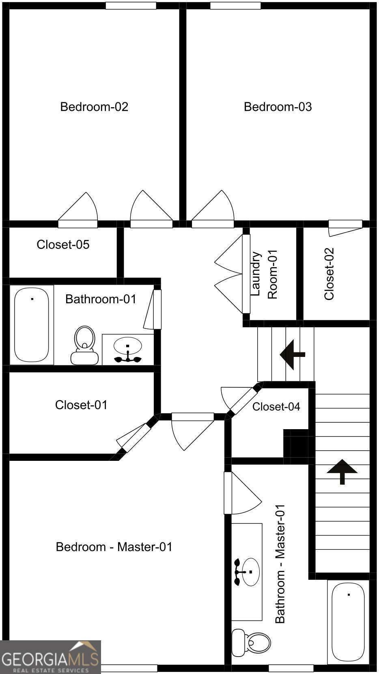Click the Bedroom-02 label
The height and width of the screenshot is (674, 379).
point(94,107)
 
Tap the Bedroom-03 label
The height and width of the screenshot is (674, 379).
point(278,107)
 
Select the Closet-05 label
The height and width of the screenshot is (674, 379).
point(63,244)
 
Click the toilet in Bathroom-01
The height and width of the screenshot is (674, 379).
point(84,345)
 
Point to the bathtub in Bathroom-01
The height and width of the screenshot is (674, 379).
point(32,324)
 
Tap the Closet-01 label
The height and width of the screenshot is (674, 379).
point(81,405)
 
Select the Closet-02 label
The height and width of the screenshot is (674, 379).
point(329,274)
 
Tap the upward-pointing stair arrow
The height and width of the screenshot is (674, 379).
point(342,471)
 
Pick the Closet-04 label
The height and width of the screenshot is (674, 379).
point(276,406)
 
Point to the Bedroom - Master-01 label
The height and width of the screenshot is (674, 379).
point(114,547)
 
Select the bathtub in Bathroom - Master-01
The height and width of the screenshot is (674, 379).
point(348,622)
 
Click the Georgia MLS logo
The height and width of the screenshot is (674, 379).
point(50,657)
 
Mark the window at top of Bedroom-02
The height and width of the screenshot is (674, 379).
point(131,6)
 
